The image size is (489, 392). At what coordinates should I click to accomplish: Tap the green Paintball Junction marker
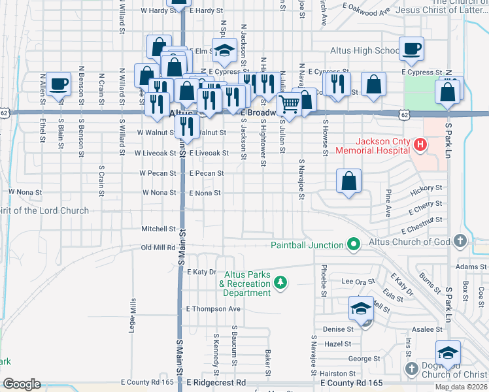[354, 245]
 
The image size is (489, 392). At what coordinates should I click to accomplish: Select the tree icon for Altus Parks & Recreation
[280, 282]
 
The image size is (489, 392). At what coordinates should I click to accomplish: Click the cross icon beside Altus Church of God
[460, 240]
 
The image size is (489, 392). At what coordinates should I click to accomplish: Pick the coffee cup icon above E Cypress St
[411, 49]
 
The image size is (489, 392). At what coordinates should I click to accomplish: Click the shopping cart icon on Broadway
[288, 103]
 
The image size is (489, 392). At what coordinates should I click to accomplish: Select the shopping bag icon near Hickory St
[349, 181]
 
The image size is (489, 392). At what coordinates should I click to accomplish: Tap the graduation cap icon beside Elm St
[224, 51]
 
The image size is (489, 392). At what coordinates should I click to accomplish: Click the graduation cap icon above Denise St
[360, 308]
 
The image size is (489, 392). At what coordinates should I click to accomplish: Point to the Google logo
[22, 384]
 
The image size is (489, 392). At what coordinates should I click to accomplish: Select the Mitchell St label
[159, 229]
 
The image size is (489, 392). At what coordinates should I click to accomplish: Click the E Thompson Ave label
[214, 309]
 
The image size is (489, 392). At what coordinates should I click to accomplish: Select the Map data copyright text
[461, 387]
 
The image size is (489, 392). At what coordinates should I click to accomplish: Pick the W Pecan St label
[158, 174]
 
